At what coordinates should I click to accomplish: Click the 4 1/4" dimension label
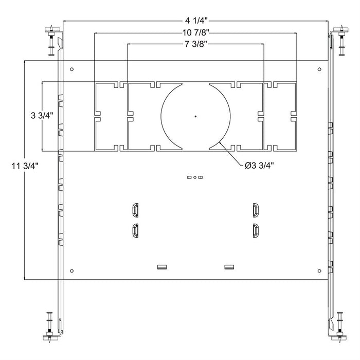195,21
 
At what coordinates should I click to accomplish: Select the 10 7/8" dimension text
195,32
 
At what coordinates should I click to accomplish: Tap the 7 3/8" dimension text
195,44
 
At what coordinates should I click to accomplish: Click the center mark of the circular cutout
195,116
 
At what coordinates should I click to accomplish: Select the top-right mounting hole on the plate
319,69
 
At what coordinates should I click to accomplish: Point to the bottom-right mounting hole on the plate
319,271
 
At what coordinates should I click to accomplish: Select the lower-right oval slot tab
255,230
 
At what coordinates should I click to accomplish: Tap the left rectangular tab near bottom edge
162,266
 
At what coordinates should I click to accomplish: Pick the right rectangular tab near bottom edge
229,266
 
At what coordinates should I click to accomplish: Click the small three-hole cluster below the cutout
195,177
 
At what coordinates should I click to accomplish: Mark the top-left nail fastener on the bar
51,40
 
